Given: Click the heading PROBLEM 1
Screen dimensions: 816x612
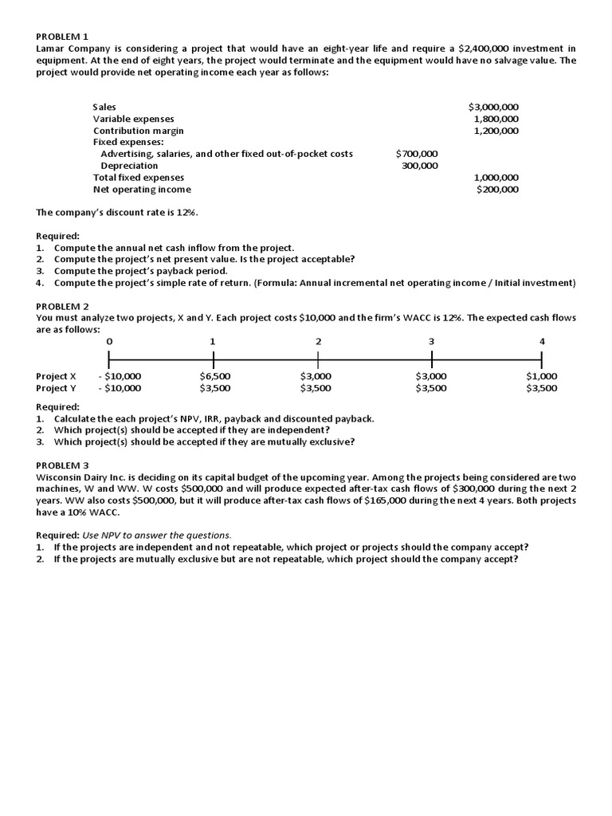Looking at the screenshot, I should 63,37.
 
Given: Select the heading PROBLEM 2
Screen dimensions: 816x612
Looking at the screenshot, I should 63,306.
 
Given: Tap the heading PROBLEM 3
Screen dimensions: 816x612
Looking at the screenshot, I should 63,465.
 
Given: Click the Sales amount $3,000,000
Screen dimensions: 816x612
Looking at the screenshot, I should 493,107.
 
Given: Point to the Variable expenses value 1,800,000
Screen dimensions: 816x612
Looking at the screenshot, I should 496,119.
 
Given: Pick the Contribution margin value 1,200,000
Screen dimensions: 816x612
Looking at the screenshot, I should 496,131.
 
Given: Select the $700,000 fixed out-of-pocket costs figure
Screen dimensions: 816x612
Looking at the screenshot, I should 417,154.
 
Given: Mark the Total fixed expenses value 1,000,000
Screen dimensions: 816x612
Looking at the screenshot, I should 496,178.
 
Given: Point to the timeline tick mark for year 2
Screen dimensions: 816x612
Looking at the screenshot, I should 318,360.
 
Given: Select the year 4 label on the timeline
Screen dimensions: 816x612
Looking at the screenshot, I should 542,341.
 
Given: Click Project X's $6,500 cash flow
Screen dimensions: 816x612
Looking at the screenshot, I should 215,376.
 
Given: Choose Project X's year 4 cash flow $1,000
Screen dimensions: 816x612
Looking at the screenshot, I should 542,376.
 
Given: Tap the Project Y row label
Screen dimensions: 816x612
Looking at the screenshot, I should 57,388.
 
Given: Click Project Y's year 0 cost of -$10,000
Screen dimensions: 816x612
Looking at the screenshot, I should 120,388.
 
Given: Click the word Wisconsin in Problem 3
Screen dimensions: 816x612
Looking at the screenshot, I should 61,477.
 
